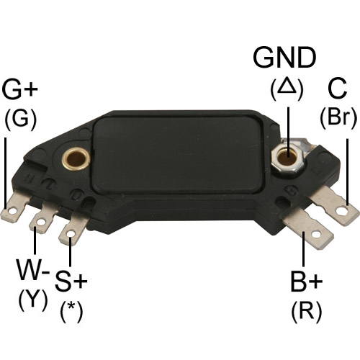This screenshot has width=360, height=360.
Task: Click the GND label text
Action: (x=284, y=58)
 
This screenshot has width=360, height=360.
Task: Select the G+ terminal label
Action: (x=19, y=89)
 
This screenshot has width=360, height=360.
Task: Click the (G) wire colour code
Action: (x=21, y=120)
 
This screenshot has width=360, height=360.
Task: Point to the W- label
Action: (x=33, y=269)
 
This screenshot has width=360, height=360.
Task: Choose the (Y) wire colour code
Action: (x=33, y=300)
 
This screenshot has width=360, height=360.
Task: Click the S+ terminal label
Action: (x=71, y=281)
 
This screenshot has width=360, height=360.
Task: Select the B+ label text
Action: (x=306, y=281)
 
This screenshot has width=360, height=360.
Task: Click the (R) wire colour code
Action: (x=306, y=312)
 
